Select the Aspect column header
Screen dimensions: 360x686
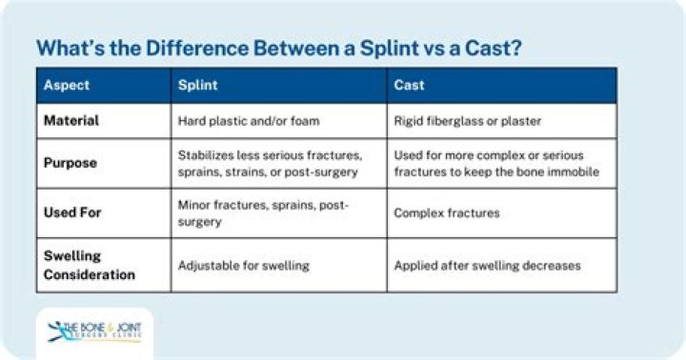pyautogui.click(x=67, y=85)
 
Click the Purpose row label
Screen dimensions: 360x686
pyautogui.click(x=71, y=163)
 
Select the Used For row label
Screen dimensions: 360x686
pyautogui.click(x=72, y=212)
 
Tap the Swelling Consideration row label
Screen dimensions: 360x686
pyautogui.click(x=89, y=265)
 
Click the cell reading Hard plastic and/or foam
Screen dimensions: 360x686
pyautogui.click(x=247, y=121)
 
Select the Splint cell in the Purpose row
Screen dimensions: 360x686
pyautogui.click(x=270, y=163)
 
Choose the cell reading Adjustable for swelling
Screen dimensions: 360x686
pyautogui.click(x=243, y=265)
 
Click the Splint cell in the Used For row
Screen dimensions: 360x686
pyautogui.click(x=264, y=213)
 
